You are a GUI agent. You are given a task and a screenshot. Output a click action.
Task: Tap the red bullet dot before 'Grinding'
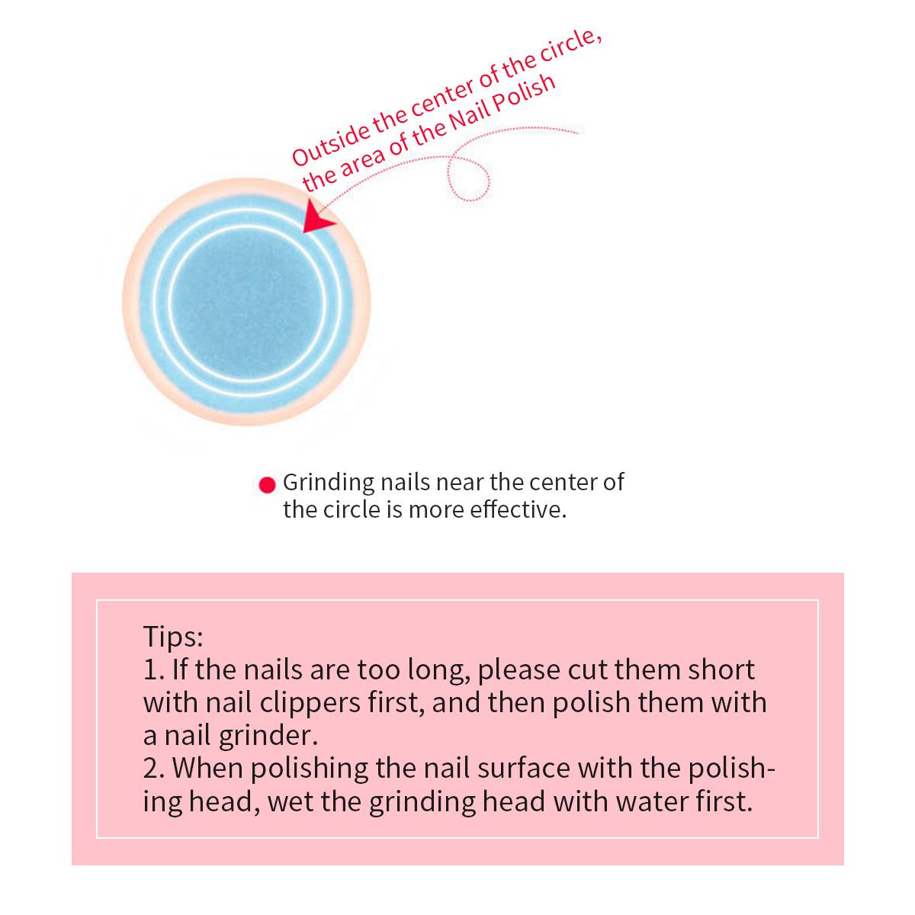coord(268,485)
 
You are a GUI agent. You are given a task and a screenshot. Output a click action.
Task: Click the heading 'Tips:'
coord(173,637)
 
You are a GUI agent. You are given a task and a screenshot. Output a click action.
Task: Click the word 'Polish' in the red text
coord(524,96)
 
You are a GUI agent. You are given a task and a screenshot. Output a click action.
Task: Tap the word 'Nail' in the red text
coord(467,119)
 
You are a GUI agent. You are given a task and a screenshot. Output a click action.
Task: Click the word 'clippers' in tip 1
coord(310,704)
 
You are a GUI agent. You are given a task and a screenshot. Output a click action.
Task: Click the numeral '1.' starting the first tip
coord(154,670)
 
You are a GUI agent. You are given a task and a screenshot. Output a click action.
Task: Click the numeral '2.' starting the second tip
coord(154,769)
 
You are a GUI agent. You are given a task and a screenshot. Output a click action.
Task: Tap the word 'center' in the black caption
coord(562,483)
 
